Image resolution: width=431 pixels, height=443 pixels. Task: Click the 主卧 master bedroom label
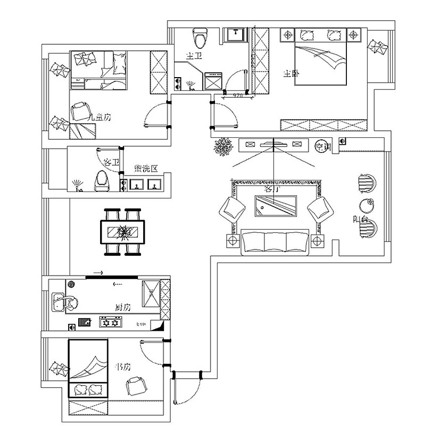click(x=291, y=74)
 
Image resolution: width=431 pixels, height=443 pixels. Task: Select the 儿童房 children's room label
click(x=100, y=117)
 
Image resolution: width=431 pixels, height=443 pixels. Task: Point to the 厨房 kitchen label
click(x=123, y=308)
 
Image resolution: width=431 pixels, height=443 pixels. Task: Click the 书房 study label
click(x=123, y=367)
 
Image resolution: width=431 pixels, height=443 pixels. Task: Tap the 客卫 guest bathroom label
click(x=111, y=162)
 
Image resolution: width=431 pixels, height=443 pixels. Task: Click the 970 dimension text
click(x=237, y=96)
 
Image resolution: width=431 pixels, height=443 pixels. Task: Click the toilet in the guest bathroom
click(x=102, y=181)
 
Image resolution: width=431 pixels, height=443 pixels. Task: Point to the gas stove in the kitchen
click(x=111, y=322)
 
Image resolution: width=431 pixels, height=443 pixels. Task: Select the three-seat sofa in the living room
click(x=275, y=242)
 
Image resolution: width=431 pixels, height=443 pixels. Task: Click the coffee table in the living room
click(x=275, y=206)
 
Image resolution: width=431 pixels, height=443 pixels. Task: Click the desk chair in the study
click(x=136, y=385)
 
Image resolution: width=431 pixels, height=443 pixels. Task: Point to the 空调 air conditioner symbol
click(x=321, y=145)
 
